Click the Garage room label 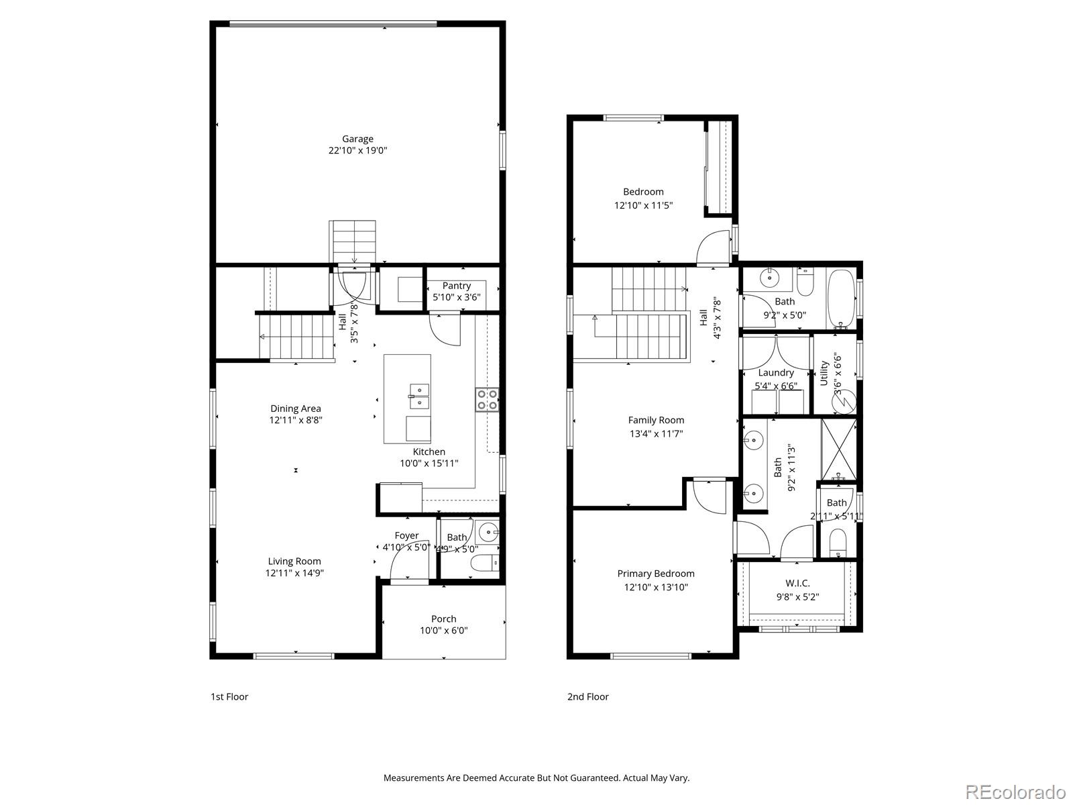tap(357, 139)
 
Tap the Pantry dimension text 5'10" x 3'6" tap(457, 297)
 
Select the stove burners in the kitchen tap(487, 400)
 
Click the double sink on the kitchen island tap(419, 396)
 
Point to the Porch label tap(443, 619)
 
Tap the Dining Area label tap(296, 408)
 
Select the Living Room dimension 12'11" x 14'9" tap(295, 573)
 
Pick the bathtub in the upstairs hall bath tap(842, 299)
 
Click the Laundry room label tap(776, 372)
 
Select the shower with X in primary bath tap(839, 448)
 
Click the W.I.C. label tap(797, 583)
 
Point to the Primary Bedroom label tap(656, 574)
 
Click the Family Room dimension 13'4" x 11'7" tap(656, 433)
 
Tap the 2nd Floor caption tap(588, 696)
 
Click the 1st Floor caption tap(229, 696)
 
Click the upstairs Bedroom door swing tap(713, 248)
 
